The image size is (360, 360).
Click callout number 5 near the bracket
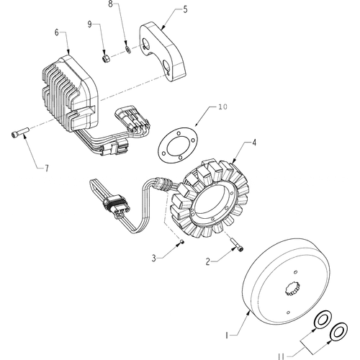(x=185, y=10)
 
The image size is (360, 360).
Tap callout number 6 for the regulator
(x=57, y=32)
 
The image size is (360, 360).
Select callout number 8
(x=110, y=4)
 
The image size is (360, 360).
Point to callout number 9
(x=89, y=24)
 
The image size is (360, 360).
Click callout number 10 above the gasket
(x=223, y=107)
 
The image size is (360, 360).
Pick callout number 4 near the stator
(x=254, y=143)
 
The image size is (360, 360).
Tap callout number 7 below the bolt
(x=47, y=168)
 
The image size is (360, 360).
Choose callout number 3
(x=153, y=258)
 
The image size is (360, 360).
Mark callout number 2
(x=208, y=261)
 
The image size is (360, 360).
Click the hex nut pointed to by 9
(x=106, y=58)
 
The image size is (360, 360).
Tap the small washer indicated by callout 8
(x=128, y=50)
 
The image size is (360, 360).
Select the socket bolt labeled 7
(x=20, y=132)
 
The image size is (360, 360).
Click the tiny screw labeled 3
(x=182, y=242)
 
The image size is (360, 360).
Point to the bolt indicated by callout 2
(x=237, y=245)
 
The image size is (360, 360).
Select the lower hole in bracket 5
(x=166, y=66)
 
